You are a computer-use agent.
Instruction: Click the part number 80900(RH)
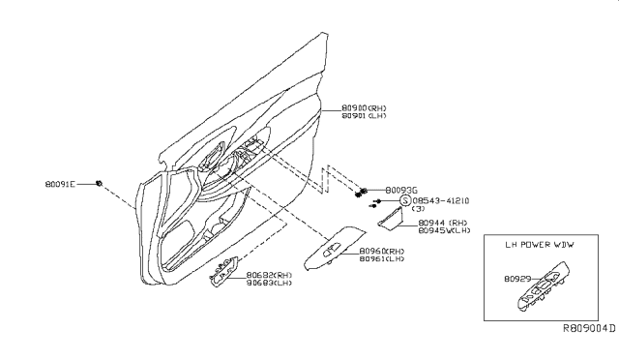point(366,108)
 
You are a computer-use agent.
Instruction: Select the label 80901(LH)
point(366,117)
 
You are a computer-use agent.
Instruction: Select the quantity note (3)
point(418,210)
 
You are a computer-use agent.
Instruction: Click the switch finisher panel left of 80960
point(333,251)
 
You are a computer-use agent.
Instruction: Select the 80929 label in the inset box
point(518,280)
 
